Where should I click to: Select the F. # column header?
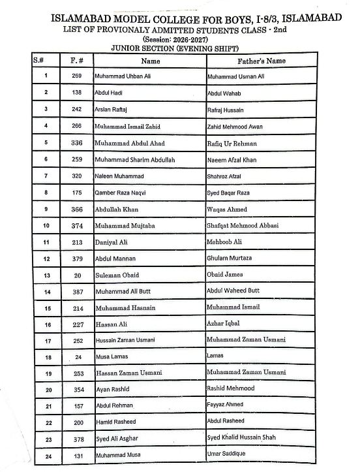76,61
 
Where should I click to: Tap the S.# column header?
38,60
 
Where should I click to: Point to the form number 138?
76,93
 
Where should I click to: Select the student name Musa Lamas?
112,357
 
